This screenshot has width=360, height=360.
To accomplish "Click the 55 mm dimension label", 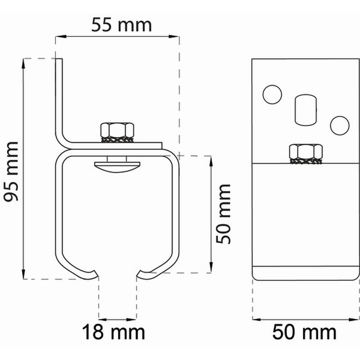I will pos(118,24).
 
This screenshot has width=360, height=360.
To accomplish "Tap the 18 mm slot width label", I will pos(113,333).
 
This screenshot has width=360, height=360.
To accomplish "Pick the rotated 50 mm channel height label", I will pos(223,213).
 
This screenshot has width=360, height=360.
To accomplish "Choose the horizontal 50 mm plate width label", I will pos(304,333).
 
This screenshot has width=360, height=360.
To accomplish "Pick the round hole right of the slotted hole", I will pos(339,125).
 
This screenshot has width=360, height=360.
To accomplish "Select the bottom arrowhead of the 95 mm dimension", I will pos(23,276).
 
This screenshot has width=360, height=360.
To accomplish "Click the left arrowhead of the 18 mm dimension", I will pos(102,319).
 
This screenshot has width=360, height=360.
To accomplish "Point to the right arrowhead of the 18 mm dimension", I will pos(134,319).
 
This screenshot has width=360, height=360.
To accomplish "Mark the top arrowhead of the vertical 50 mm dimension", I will pos(211,159).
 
